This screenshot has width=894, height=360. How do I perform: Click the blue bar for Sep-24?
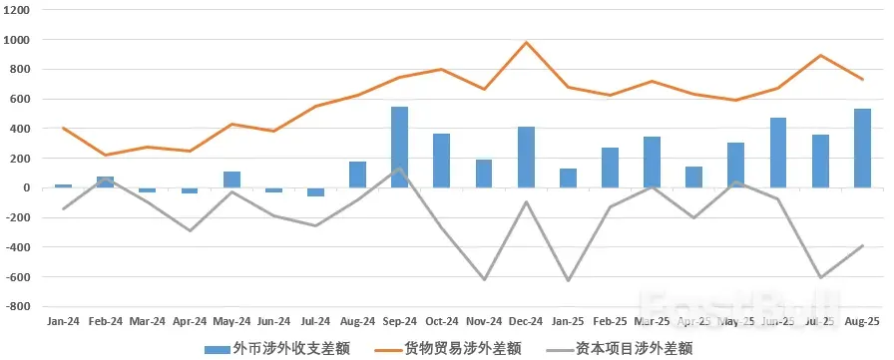coord(399,148)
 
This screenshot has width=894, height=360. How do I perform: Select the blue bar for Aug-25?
coord(862,149)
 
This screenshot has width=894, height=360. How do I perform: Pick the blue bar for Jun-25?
coord(778,153)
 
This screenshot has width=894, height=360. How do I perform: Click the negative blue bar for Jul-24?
coord(315,191)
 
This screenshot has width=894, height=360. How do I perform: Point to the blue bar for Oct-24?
coord(441,161)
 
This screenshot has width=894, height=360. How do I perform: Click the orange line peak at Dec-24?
coord(526,43)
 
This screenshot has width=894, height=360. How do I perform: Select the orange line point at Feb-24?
coord(105,155)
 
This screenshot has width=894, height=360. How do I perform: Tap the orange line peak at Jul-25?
coord(820,56)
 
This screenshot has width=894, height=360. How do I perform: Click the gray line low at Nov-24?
coord(484,279)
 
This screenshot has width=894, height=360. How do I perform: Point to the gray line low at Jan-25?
coord(568,280)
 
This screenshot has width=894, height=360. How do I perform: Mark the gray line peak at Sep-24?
coord(399,169)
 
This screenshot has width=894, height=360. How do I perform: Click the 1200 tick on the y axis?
coord(18,10)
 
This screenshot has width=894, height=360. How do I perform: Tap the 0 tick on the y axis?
coord(26,187)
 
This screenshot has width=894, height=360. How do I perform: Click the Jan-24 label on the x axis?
coord(63,322)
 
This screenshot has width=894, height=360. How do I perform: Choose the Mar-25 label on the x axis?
coord(652,322)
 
